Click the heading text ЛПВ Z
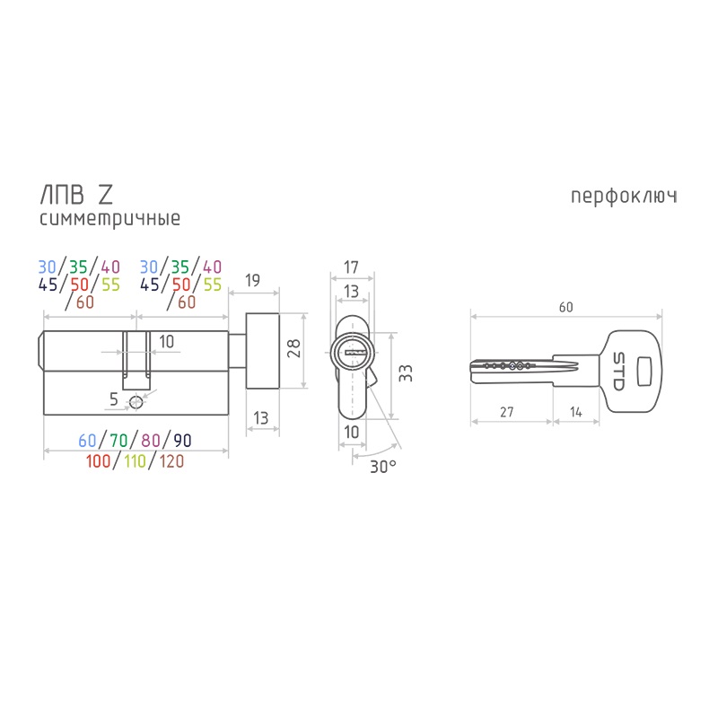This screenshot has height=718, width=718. click(x=76, y=195)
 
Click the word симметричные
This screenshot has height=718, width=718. click(x=109, y=219)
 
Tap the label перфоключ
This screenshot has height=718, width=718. click(x=624, y=197)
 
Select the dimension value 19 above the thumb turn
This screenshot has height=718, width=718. click(x=252, y=280)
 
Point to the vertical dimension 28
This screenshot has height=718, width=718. click(x=293, y=348)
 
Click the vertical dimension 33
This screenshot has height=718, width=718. click(x=406, y=373)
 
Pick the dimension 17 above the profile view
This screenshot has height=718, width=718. click(x=351, y=267)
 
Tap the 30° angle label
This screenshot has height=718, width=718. click(x=383, y=467)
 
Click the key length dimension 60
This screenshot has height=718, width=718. click(x=566, y=307)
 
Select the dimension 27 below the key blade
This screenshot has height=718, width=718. click(x=506, y=412)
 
